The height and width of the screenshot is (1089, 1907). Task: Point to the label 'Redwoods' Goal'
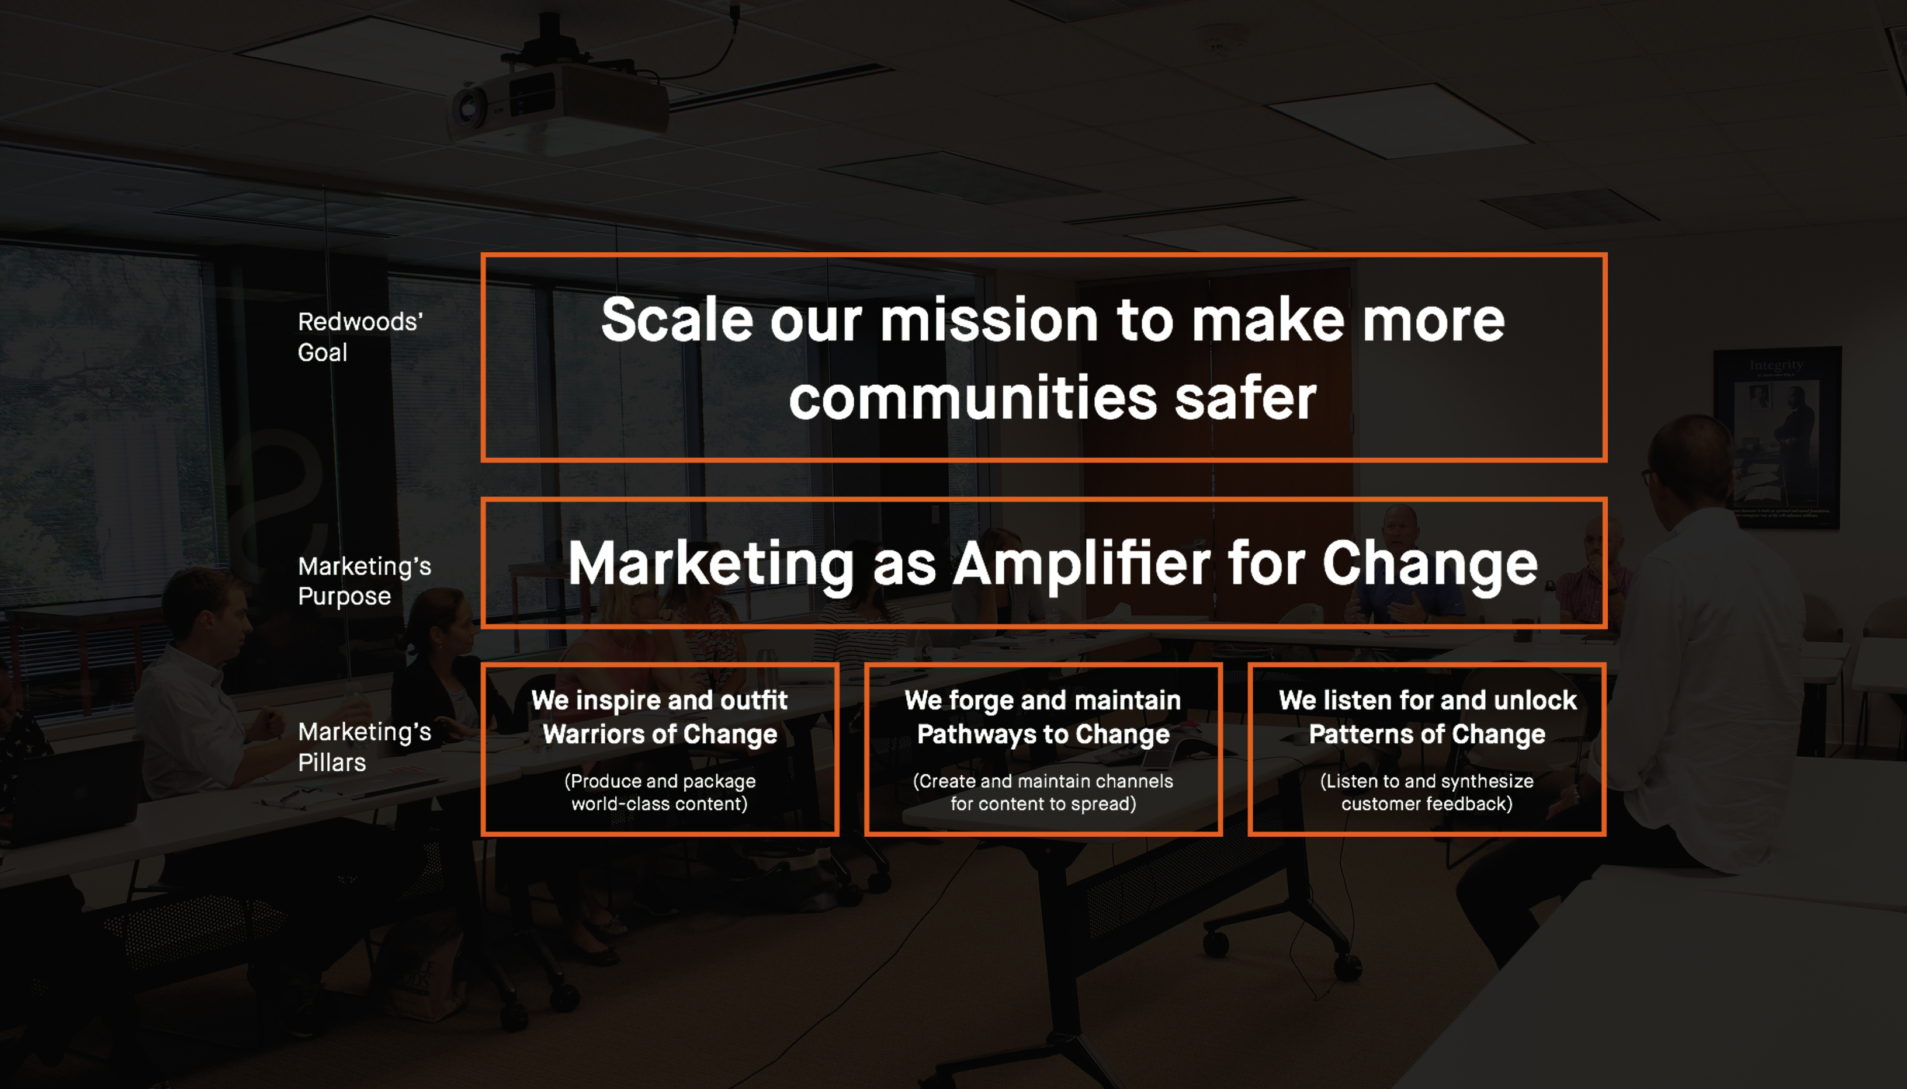click(x=360, y=336)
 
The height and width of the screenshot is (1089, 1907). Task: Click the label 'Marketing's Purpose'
click(x=365, y=581)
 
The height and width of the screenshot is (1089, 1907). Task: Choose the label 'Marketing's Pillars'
click(x=365, y=746)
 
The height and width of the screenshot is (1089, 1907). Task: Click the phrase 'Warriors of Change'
click(x=660, y=735)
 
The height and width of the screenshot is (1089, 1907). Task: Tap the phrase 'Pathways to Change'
click(x=1043, y=735)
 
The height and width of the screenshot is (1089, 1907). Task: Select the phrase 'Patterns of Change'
click(x=1427, y=735)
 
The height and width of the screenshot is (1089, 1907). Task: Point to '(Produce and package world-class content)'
click(x=660, y=792)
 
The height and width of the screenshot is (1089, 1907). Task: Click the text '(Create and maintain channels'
click(x=1043, y=781)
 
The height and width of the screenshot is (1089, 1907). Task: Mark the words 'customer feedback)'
click(x=1427, y=803)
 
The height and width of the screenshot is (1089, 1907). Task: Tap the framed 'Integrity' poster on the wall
click(x=1776, y=437)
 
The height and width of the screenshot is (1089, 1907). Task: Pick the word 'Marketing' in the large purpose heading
click(x=710, y=565)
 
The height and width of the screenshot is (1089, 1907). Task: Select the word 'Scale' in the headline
click(x=677, y=319)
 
